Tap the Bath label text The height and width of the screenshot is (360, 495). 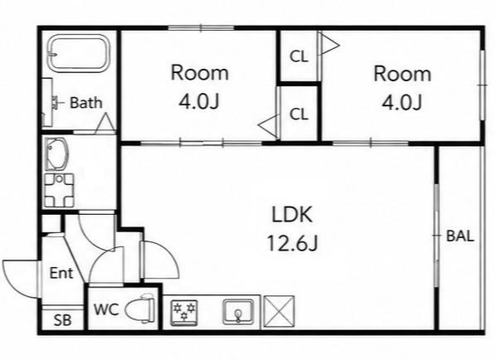(86, 103)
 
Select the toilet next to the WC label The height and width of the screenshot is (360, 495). (140, 308)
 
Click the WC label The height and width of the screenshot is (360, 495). (106, 309)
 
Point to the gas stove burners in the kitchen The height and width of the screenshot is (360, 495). (184, 313)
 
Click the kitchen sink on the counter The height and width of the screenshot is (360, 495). (238, 312)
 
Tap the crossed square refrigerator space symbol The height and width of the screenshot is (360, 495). (279, 311)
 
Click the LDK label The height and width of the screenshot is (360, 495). (292, 214)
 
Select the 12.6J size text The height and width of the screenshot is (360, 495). (292, 243)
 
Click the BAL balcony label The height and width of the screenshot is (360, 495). (460, 236)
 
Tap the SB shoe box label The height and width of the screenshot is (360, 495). (62, 320)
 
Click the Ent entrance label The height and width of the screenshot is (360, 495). (61, 273)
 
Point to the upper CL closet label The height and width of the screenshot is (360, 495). (298, 56)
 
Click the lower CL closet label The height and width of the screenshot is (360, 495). (298, 114)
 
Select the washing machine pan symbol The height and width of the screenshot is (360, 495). (59, 191)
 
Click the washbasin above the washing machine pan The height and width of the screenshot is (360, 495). (57, 153)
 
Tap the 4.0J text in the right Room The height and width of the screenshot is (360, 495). (402, 102)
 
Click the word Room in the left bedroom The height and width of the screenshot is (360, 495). (200, 73)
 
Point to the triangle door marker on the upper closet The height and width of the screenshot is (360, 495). (330, 45)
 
